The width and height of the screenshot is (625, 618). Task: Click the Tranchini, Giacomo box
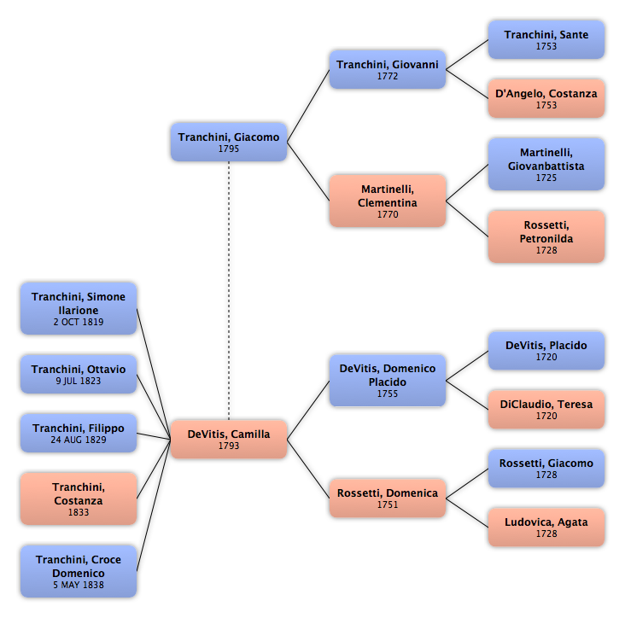pos(229,142)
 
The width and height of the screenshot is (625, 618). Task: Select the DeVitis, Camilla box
pos(229,439)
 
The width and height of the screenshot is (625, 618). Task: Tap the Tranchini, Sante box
pos(546,40)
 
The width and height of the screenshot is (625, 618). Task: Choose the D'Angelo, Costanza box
pos(546,98)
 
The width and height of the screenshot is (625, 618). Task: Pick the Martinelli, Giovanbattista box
pos(546,164)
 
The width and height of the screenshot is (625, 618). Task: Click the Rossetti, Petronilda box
pos(546,236)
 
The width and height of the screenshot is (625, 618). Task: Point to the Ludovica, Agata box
pos(546,528)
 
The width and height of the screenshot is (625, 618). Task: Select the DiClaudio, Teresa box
pos(546,410)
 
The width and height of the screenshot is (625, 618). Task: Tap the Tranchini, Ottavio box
pos(79,374)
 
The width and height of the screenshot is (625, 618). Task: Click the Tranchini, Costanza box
pos(79,498)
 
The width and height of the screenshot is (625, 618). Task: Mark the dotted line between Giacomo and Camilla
pos(229,290)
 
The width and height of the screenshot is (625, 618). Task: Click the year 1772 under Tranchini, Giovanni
pos(388,76)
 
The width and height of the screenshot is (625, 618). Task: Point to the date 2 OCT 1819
pos(79,322)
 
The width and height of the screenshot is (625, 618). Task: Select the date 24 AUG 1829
pos(79,440)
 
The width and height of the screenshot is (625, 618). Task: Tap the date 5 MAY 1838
pos(79,585)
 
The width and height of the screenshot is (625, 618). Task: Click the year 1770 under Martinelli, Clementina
pos(388,214)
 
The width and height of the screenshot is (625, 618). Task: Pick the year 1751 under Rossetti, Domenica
pos(388,504)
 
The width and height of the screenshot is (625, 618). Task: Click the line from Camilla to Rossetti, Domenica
pos(308,469)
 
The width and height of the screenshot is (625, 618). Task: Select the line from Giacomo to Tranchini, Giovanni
pos(308,106)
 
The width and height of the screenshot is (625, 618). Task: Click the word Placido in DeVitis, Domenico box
pos(388,382)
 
